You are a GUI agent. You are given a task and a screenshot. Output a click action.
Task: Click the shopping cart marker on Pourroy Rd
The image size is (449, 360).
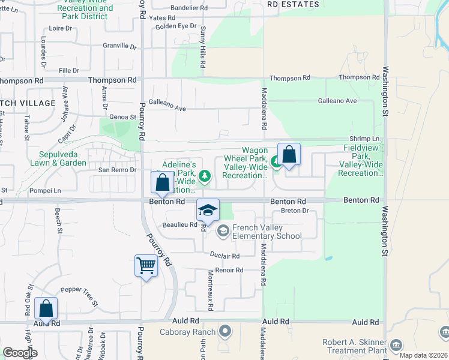coord(146,265)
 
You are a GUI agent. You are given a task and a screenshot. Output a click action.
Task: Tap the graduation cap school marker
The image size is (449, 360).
coord(208,210)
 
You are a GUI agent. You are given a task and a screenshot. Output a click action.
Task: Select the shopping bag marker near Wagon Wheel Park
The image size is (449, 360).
coord(289,154)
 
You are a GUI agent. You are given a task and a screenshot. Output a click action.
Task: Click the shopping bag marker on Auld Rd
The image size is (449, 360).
coord(46,309)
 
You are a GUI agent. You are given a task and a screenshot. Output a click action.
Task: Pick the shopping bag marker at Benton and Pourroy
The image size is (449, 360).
coord(163,182)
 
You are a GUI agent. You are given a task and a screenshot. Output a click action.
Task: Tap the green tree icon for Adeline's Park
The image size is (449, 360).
coord(205,176)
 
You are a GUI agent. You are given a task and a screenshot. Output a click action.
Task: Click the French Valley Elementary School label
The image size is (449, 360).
coord(267,232)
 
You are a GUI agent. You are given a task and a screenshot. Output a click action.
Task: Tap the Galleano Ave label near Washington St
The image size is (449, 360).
coord(337,101)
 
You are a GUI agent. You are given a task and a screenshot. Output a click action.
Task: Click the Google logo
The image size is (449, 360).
coord(20,353)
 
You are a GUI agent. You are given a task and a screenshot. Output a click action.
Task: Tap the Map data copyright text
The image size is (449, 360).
coord(424,355)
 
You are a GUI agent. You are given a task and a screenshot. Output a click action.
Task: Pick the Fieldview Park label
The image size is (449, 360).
coord(362,160)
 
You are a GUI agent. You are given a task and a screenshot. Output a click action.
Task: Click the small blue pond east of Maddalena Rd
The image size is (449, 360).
coord(328,259)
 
